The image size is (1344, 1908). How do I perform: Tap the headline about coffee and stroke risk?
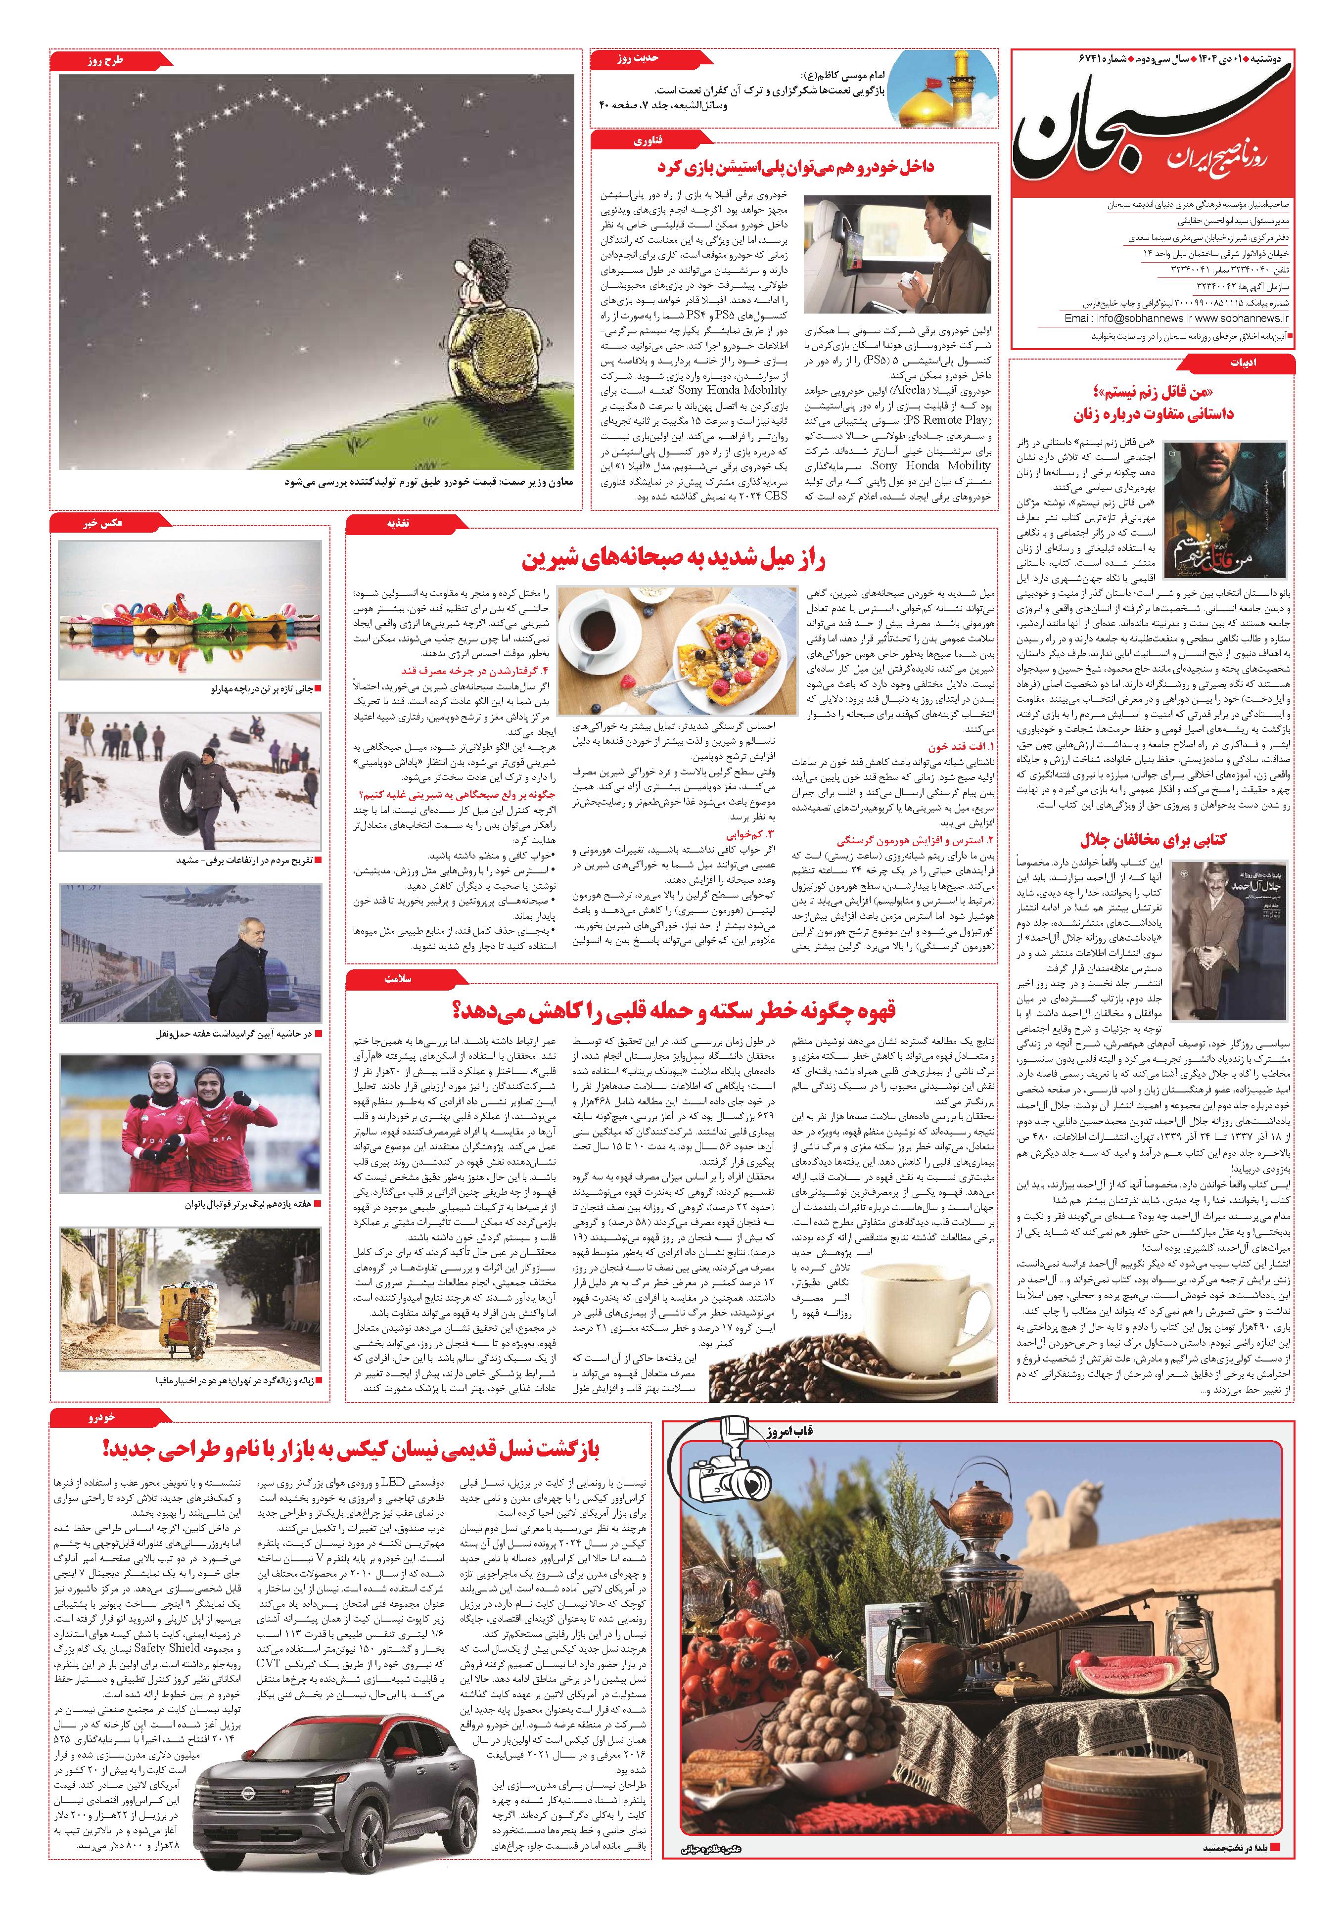tap(673, 1010)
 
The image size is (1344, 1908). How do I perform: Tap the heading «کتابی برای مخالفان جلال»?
tap(1153, 839)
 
